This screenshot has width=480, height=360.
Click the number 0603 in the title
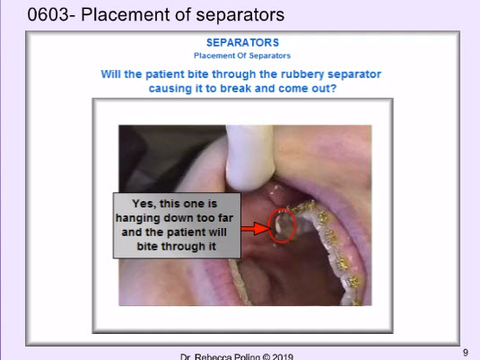point(48,14)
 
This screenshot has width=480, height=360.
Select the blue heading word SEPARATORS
point(243,42)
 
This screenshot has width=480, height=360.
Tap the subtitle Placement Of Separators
point(242,56)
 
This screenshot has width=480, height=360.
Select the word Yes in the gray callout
point(144,204)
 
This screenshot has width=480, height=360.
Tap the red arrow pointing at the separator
point(256,229)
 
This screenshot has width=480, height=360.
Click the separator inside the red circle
point(282,226)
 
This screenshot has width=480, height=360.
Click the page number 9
point(466,353)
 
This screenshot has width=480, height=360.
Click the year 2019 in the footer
point(283,357)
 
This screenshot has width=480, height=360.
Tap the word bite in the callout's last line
point(147,246)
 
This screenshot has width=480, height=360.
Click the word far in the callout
point(225,218)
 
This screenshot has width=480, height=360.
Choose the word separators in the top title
point(240,15)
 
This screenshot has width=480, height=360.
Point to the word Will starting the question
point(110,75)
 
